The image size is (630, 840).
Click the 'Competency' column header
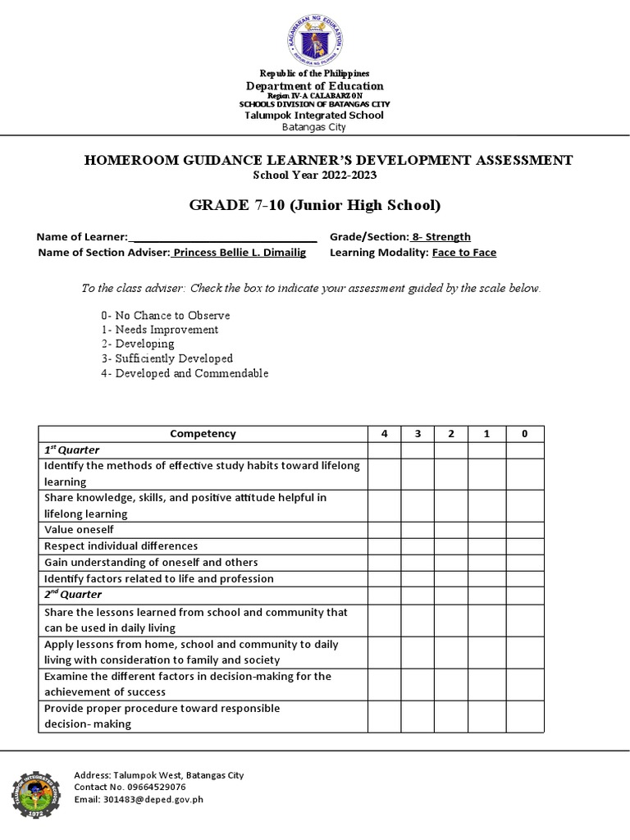[x=203, y=433]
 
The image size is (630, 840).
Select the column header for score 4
[x=384, y=433]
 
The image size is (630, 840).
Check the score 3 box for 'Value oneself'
[x=418, y=530]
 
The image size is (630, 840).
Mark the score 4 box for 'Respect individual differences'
[x=384, y=546]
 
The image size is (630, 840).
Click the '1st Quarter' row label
[x=71, y=450]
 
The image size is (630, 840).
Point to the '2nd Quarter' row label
[x=72, y=595]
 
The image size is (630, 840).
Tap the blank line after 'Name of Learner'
[x=223, y=237]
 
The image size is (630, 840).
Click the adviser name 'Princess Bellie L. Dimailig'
[x=239, y=253]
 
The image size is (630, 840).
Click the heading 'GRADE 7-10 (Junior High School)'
[x=315, y=205]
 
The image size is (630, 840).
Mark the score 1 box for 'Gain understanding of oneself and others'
[x=485, y=563]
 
